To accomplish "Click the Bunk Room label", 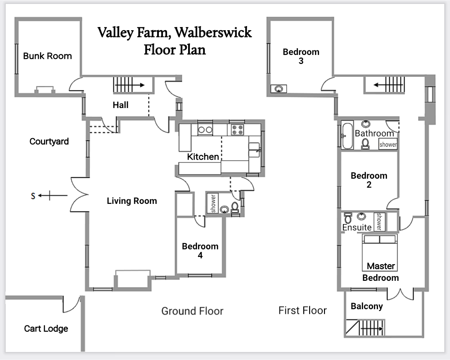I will tap(47, 56).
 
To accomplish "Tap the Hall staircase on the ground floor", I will tap(128, 85).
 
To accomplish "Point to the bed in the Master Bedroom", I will tap(380, 252).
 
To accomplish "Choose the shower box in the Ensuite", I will tap(379, 221).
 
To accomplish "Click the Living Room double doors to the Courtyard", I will tap(79, 195).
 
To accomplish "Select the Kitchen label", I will tap(203, 157).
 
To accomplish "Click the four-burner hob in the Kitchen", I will tap(237, 130).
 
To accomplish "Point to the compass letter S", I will tap(32, 196).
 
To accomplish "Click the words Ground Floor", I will tap(192, 311).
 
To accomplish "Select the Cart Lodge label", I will tap(46, 328).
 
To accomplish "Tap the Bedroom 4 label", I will tap(200, 251).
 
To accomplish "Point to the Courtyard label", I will tap(49, 141).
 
